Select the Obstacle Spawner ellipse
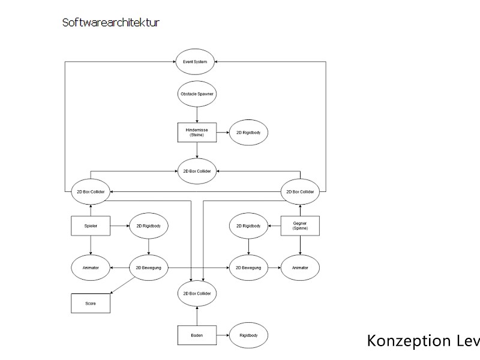pos(197,95)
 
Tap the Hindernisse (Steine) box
pos(196,132)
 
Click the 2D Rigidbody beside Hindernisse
pos(248,132)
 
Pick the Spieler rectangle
pos(90,226)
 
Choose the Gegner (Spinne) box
pos(300,226)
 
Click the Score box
pos(90,304)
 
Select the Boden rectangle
pos(196,335)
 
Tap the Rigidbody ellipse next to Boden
pos(248,335)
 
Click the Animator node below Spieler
pos(90,267)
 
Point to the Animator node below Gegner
pos(300,267)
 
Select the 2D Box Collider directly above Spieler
pos(90,192)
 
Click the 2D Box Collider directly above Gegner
pos(300,192)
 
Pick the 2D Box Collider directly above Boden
pos(196,294)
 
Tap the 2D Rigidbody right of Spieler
pos(149,226)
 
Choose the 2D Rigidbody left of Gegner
pos(248,226)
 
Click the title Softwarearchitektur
pos(110,23)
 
